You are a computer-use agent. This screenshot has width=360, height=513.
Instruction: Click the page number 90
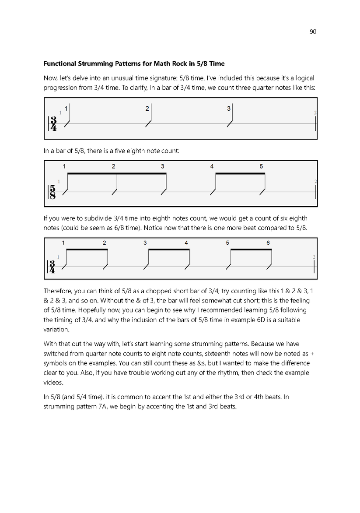coord(312,31)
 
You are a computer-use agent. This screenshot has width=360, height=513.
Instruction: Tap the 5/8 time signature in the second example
coord(53,192)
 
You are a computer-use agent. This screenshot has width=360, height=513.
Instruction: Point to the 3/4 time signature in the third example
coord(53,266)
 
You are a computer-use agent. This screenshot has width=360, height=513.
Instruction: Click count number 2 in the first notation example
coord(147,109)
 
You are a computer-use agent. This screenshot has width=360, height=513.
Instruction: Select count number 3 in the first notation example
coord(229,109)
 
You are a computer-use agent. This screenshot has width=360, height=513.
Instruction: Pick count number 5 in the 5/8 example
coord(261,166)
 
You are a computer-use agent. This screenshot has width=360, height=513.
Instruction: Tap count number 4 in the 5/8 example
coord(212,166)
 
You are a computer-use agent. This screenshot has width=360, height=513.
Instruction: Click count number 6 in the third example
coord(268,243)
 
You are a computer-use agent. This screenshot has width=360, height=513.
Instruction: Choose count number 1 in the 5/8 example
coord(64,166)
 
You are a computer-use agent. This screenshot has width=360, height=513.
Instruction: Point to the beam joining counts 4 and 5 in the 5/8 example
coord(241,174)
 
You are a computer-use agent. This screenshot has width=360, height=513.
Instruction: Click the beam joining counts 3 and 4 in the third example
coord(169,249)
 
